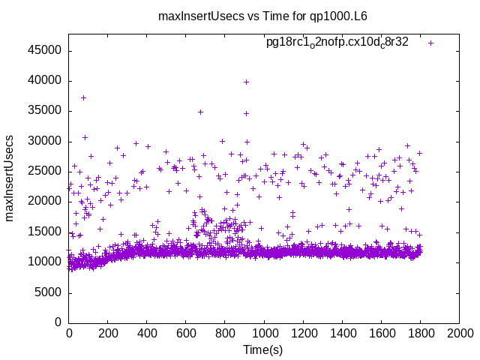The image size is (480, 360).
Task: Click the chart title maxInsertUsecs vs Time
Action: click(262, 16)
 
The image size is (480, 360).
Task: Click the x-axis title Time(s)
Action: click(262, 350)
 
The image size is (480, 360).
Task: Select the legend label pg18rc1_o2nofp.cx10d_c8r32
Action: click(337, 42)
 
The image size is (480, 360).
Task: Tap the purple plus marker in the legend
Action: click(430, 43)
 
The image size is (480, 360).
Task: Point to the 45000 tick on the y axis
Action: click(46, 50)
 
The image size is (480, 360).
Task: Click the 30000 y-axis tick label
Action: click(46, 141)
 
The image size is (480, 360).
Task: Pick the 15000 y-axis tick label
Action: click(46, 232)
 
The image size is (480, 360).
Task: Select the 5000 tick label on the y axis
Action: click(49, 292)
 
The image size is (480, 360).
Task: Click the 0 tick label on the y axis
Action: click(59, 322)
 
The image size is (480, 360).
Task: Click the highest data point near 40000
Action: click(246, 82)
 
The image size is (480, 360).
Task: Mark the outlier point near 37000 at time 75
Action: click(83, 97)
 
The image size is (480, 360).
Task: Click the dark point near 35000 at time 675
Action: click(200, 112)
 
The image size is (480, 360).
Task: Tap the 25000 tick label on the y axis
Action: click(46, 171)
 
